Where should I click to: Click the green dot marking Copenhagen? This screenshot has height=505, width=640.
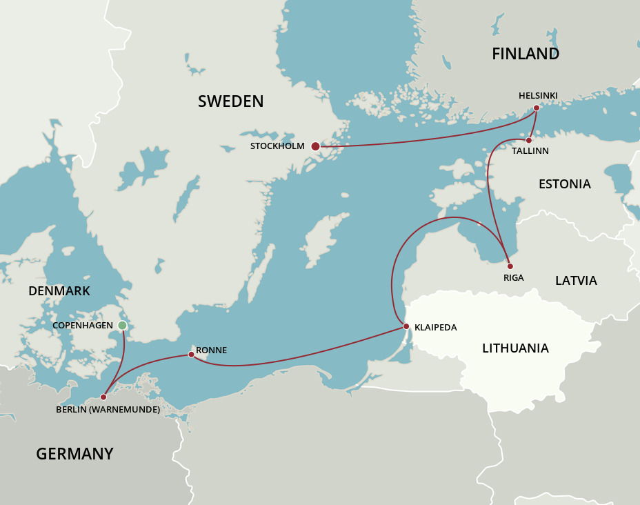pos(122,325)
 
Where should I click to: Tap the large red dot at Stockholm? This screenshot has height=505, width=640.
pos(315,146)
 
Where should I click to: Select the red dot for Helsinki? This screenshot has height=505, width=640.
pos(536,108)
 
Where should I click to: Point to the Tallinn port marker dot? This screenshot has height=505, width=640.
pos(529,140)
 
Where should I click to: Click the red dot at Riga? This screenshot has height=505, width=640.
pos(510,266)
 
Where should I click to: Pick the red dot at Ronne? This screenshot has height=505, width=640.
pos(191,355)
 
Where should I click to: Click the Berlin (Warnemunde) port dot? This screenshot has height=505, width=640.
pos(103,397)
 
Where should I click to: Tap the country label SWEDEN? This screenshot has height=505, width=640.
pos(230,101)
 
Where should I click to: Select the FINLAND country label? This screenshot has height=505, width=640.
pos(525,54)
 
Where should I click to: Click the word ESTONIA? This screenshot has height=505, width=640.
pos(564,184)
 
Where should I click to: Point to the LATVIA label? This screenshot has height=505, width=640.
pos(576,281)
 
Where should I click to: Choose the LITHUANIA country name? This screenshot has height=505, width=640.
pos(515,348)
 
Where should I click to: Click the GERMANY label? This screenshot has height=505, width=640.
pos(74,454)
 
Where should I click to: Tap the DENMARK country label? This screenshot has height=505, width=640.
pos(59,291)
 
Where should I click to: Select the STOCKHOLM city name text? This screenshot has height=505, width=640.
pos(277,146)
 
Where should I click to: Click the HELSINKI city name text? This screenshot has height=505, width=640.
pos(538,96)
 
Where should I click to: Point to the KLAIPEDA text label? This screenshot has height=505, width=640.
pos(435,328)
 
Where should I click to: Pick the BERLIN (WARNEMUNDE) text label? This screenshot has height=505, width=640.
pos(108,410)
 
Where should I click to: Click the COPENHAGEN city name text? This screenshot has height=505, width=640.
pos(83,325)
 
